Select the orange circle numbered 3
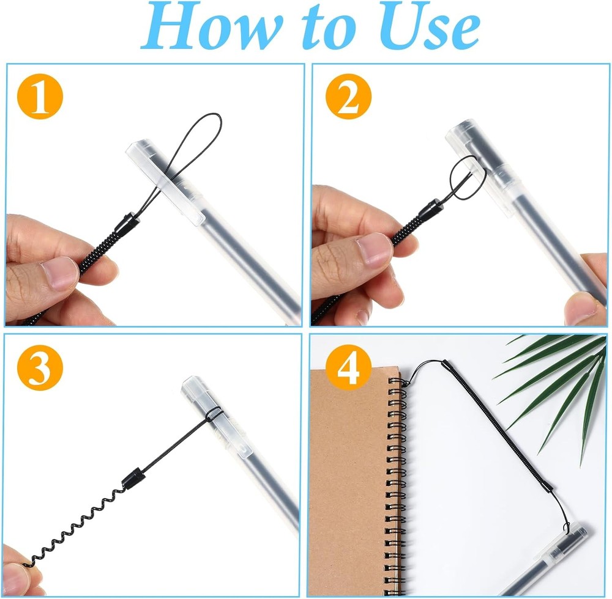tap(40, 369)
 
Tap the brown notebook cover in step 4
tap(349, 483)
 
